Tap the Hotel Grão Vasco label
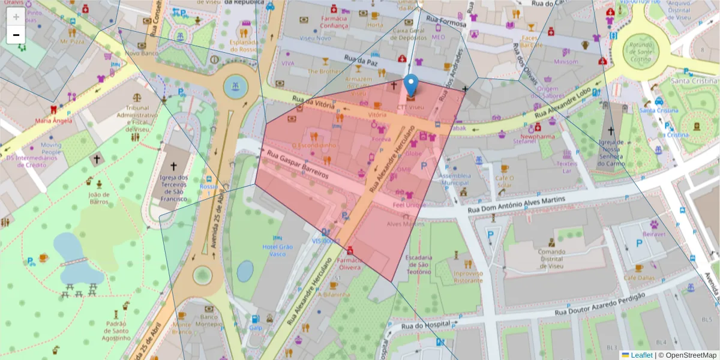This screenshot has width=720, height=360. click(278, 251)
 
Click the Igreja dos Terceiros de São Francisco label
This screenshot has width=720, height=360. click(175, 191)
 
